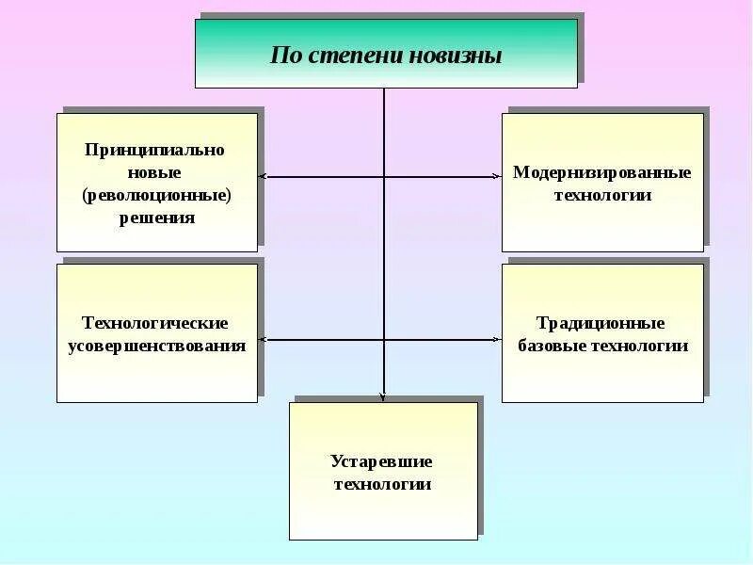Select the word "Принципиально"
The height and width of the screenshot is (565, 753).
coord(156,150)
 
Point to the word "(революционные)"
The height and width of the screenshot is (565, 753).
coord(156,196)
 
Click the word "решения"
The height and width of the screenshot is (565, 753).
coord(156,218)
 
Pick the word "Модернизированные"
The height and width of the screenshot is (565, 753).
coord(602,173)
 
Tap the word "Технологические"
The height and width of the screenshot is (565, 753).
coord(156,323)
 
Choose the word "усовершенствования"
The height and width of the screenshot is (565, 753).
coord(156,346)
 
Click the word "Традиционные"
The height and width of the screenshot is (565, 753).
coord(602,323)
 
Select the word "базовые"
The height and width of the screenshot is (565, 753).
coord(552,346)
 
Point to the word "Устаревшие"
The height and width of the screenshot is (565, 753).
coord(382,461)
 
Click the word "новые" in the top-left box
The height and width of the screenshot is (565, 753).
coord(156,173)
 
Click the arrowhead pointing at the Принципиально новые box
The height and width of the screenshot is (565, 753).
coord(263,176)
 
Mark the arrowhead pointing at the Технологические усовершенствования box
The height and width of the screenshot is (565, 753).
coord(263,339)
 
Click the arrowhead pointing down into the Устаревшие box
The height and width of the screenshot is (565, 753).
coord(384,396)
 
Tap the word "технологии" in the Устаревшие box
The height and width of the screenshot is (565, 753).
coord(382,484)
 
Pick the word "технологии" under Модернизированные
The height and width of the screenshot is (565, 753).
coord(602,196)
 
